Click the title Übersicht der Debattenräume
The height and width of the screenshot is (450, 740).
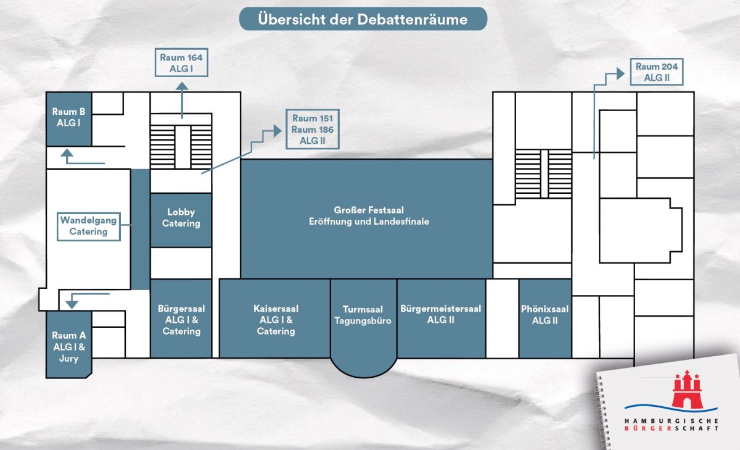(363, 19)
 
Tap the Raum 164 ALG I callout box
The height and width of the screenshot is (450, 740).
(181, 63)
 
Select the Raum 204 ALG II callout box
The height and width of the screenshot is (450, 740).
(656, 72)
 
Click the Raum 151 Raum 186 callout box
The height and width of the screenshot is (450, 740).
(313, 130)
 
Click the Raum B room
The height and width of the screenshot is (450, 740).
(69, 119)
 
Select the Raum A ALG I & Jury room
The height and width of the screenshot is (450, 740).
(69, 346)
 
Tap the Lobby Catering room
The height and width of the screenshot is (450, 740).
(181, 219)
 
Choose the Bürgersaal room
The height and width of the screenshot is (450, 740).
(181, 319)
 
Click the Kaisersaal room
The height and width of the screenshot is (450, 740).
(275, 319)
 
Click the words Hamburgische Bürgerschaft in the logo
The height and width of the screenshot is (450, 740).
(671, 424)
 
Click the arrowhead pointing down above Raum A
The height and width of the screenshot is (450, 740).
(71, 304)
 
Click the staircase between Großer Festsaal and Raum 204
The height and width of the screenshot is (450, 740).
(544, 173)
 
